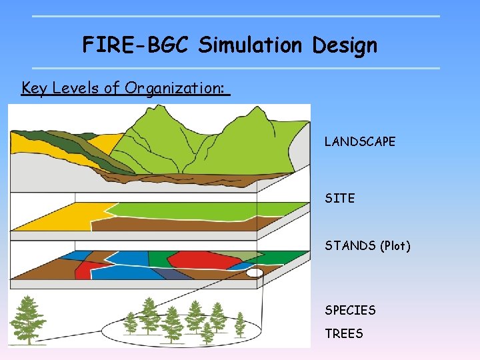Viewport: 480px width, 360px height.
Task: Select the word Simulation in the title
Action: (250, 45)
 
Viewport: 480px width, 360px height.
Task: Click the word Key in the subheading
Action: (33, 88)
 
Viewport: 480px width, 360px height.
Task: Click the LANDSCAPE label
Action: (360, 141)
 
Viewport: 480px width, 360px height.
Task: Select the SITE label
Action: (339, 198)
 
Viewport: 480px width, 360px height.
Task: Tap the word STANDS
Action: (350, 246)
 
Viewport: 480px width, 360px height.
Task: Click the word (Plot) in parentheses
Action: (395, 246)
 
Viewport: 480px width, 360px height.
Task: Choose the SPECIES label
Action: (350, 310)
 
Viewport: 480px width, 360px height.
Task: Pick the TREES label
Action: (344, 333)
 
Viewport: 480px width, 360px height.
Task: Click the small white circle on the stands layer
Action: (255, 273)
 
